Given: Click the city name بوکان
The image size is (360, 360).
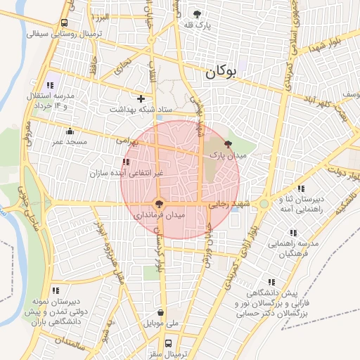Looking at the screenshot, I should pyautogui.click(x=222, y=72).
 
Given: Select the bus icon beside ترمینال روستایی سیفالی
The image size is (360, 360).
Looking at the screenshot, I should pyautogui.click(x=65, y=22).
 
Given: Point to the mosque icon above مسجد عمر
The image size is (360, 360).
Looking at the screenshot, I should pyautogui.click(x=70, y=131).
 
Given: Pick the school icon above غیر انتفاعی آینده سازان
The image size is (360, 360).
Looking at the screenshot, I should pyautogui.click(x=126, y=162).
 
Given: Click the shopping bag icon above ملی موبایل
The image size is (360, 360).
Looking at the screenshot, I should pyautogui.click(x=162, y=313).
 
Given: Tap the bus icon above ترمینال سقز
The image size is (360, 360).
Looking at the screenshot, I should pyautogui.click(x=168, y=343).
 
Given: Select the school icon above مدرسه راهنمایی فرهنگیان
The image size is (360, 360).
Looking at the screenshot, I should pyautogui.click(x=292, y=233).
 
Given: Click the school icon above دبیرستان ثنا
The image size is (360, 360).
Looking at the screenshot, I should pyautogui.click(x=301, y=188).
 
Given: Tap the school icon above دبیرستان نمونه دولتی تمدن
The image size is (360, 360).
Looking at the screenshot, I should pyautogui.click(x=56, y=290).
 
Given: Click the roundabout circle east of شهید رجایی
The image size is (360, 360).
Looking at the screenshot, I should pyautogui.click(x=264, y=204).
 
